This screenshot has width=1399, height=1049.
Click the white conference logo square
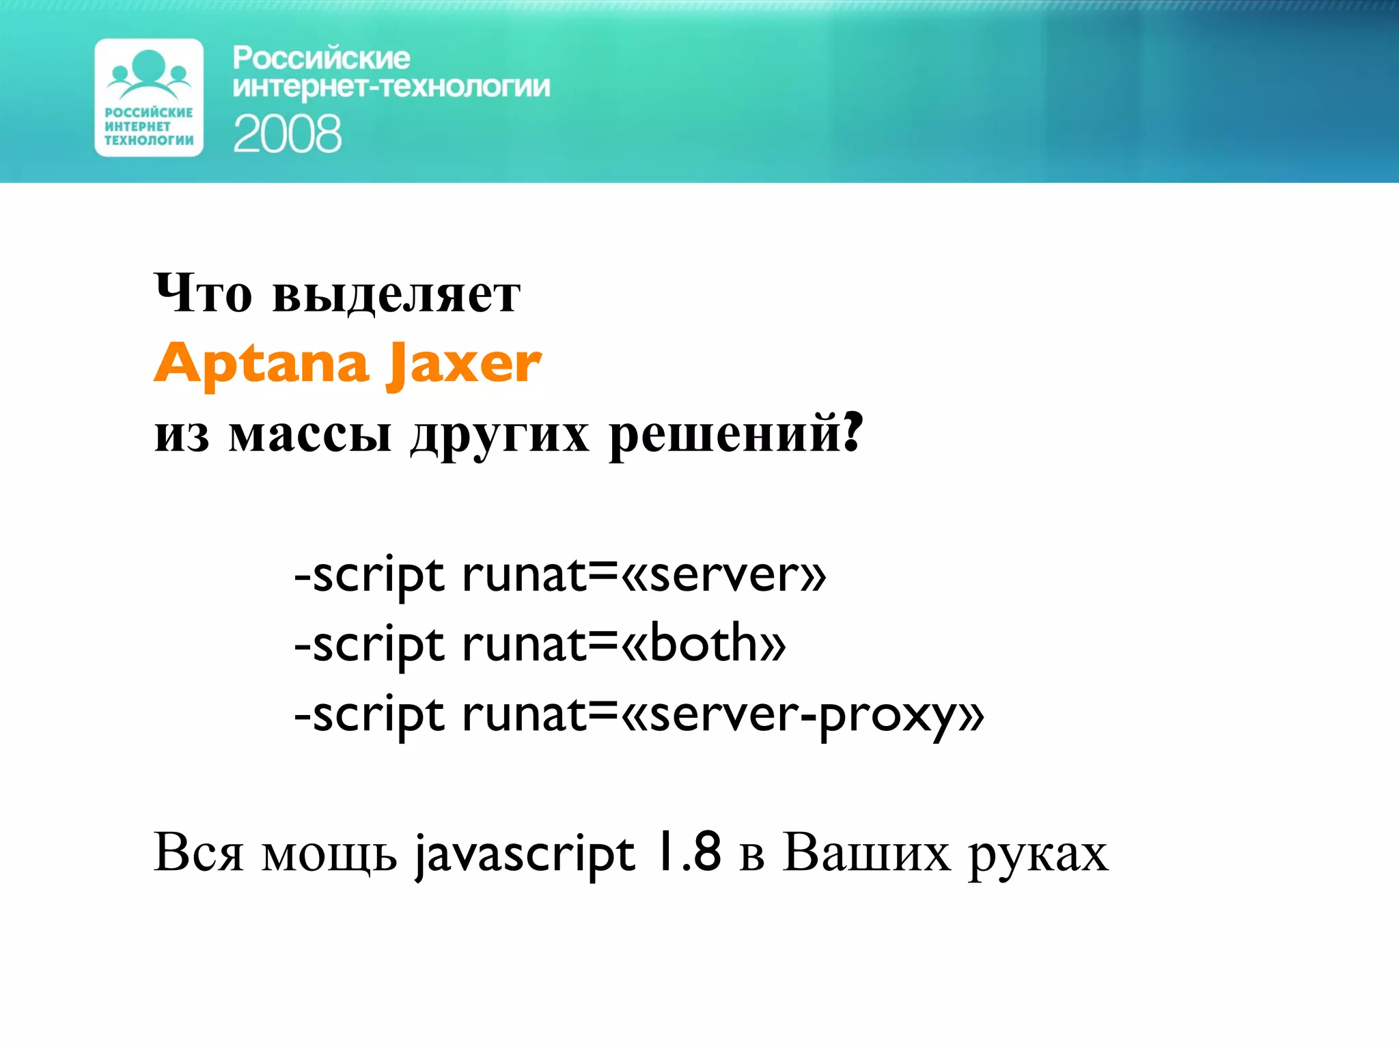coord(149,98)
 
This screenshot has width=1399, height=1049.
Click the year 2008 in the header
coord(287,134)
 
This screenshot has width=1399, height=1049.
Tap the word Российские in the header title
coord(321,58)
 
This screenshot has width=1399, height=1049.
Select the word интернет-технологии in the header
coord(391,87)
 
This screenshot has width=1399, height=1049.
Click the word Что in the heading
coord(203,294)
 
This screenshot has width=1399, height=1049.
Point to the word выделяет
coord(396,295)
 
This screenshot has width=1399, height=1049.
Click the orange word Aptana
coord(262,364)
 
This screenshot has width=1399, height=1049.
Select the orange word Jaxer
coord(464,364)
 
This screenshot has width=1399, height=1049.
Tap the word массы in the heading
coord(310,434)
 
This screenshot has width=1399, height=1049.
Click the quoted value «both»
coord(704,644)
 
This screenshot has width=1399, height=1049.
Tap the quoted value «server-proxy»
coord(803,715)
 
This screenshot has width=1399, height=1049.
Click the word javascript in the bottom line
coord(525,854)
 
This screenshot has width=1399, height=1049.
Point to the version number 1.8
coord(687,852)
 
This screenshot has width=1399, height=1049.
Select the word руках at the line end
coord(1038,855)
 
